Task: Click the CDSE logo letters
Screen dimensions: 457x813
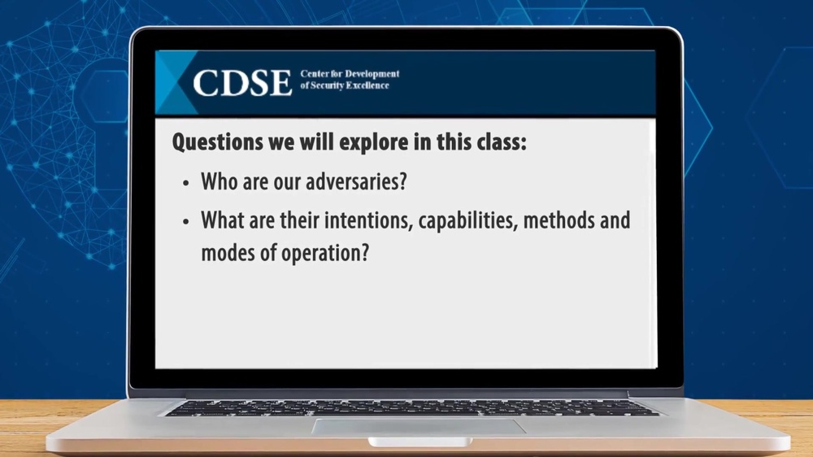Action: click(241, 82)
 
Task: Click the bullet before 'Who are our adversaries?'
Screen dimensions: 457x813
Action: click(186, 183)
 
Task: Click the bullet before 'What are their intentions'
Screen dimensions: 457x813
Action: click(186, 221)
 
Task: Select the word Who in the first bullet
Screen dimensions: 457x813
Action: click(219, 181)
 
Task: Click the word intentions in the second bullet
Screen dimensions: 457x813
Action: click(372, 220)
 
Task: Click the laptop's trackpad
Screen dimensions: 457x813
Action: click(418, 426)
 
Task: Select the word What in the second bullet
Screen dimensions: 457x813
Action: click(222, 220)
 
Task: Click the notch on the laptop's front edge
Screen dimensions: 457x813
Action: click(419, 442)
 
